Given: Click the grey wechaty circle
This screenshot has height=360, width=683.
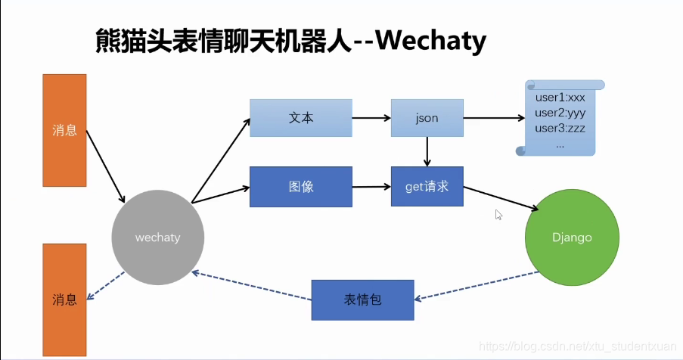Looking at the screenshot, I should pos(157,237).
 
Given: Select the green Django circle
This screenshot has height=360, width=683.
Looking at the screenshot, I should pos(571,237).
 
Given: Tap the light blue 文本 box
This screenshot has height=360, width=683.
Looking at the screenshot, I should pos(301,118).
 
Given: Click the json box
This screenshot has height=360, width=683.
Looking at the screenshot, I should pos(427,118).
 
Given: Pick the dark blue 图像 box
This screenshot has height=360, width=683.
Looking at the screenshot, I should pos(301,186).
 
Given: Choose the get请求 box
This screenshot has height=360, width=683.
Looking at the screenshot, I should pos(427,186).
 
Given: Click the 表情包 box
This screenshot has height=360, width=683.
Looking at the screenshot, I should pos(363,299).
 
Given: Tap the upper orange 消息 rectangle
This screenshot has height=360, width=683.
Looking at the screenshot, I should pos(64,130).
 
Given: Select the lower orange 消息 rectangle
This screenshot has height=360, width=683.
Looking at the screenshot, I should pos(64,299).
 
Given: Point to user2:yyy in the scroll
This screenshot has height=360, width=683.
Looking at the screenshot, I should pos(560,113).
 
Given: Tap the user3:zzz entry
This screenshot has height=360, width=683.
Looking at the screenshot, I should pos(560,128).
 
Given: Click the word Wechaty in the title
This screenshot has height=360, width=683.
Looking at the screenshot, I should pos(430,41).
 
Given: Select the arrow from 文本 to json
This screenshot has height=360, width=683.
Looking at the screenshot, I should pos(371,118).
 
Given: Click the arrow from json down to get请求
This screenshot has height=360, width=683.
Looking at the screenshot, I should pos(427,151).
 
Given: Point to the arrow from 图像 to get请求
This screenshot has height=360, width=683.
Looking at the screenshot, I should pos(371,186).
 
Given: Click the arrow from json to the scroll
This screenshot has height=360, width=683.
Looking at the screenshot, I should pos(492,118).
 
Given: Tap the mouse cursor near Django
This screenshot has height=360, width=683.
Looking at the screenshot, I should pos(498,215).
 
